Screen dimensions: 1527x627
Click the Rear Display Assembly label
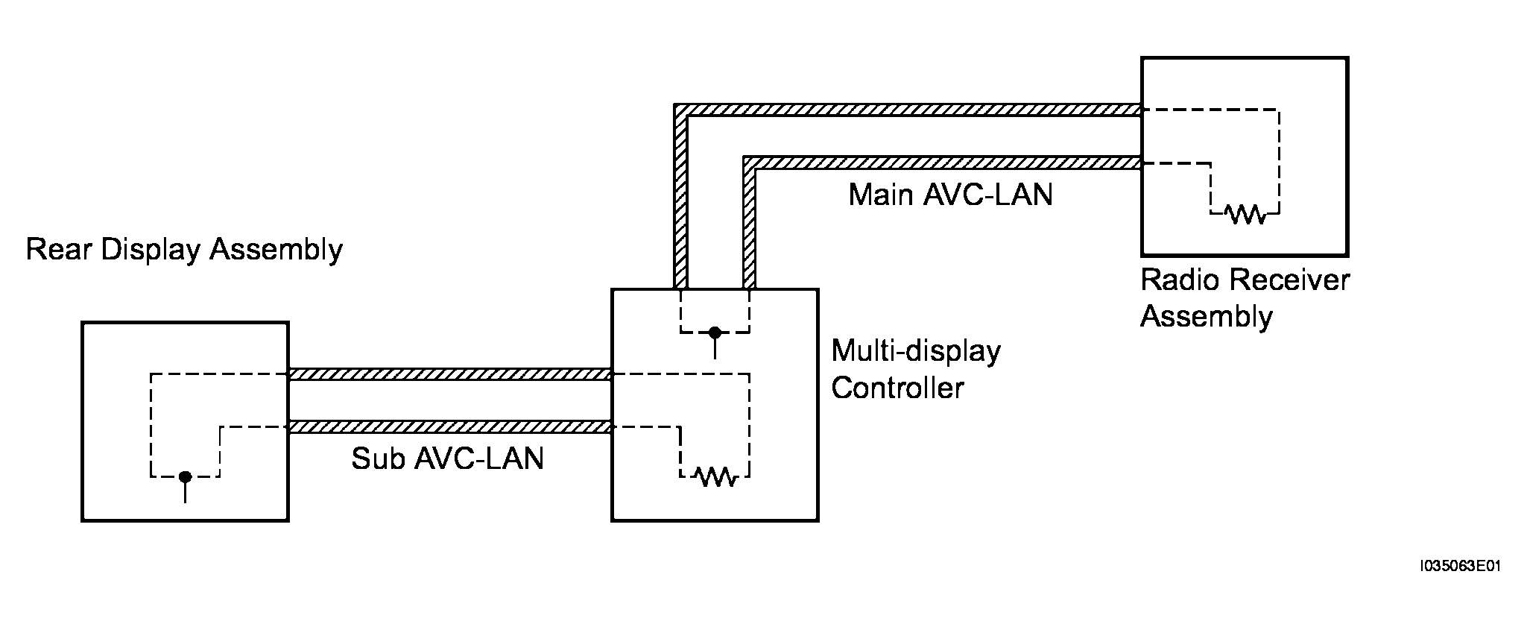pos(184,251)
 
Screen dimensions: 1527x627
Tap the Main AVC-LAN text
pos(950,195)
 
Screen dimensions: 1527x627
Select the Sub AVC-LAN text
pos(447,459)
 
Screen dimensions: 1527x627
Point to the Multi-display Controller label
pos(916,369)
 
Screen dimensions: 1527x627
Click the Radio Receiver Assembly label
pos(1245,298)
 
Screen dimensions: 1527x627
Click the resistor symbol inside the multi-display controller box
pos(715,476)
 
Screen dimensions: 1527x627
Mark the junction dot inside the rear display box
pos(185,476)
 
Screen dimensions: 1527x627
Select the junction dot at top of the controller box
pos(715,332)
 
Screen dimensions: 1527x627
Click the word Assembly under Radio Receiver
pos(1207,316)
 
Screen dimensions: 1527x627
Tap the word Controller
pos(897,388)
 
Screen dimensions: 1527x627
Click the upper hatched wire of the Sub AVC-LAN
pos(450,374)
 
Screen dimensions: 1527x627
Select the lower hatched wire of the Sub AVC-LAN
pos(450,426)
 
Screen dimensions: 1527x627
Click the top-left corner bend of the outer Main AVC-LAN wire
pos(680,110)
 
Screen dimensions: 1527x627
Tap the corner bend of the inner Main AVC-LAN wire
pos(750,163)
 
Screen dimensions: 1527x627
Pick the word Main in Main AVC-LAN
pos(881,195)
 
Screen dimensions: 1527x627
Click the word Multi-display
pos(916,350)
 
